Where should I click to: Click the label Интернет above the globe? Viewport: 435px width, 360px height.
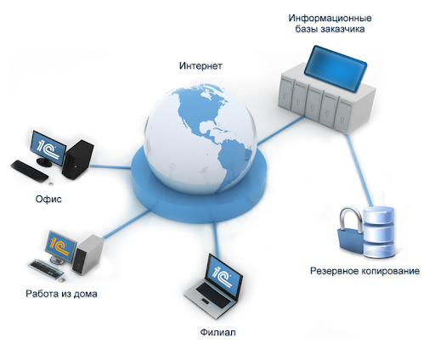[201, 65]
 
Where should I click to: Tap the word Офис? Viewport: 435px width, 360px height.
[48, 199]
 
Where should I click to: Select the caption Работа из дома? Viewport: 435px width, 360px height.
[61, 294]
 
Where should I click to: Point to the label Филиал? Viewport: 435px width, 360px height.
[217, 332]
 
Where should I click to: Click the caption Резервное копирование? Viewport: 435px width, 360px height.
[364, 271]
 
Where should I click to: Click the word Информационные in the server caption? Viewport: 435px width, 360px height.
[330, 18]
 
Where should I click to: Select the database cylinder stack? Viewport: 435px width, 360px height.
[379, 232]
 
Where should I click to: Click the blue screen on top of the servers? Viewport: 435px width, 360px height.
[336, 68]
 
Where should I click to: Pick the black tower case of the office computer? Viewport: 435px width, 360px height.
[77, 159]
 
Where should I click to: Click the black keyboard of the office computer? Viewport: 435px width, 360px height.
[30, 171]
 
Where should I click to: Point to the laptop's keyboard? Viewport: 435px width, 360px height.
[213, 295]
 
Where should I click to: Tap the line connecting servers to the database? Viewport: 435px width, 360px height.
[359, 171]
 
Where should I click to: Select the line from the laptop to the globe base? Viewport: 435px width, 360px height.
[217, 237]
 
